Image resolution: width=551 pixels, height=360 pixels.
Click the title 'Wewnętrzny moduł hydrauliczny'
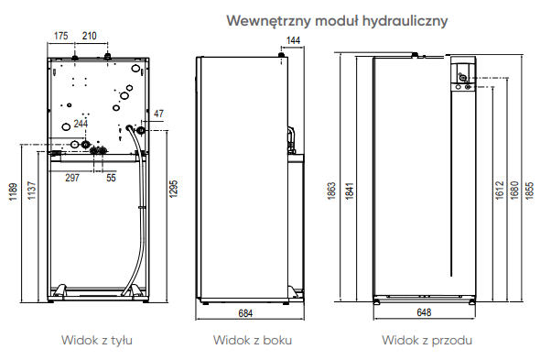[337, 21]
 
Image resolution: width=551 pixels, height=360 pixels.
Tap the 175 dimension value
[60, 36]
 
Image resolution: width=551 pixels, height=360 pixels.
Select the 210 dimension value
[90, 36]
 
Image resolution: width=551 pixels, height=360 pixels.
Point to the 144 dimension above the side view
[294, 40]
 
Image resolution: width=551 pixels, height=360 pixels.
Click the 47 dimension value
[158, 114]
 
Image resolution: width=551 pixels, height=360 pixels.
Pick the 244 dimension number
[81, 124]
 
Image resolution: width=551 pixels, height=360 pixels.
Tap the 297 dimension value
[72, 178]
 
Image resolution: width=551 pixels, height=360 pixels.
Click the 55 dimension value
[111, 178]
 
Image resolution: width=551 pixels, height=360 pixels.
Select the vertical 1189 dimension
[13, 191]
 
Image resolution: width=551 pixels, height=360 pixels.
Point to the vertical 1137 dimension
[32, 191]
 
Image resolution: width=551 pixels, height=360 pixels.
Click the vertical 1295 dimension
[174, 189]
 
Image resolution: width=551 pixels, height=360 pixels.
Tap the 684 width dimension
[245, 313]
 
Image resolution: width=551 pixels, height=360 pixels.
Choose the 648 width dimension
[424, 312]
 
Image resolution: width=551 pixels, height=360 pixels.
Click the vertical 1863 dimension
[331, 191]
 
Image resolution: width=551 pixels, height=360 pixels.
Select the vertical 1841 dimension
[350, 191]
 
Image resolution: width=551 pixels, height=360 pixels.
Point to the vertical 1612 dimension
[500, 191]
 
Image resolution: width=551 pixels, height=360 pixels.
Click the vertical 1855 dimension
[529, 191]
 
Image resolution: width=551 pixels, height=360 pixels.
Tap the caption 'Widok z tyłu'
[97, 341]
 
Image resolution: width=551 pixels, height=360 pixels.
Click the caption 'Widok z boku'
[253, 341]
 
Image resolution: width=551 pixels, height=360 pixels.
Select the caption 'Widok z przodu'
[427, 341]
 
